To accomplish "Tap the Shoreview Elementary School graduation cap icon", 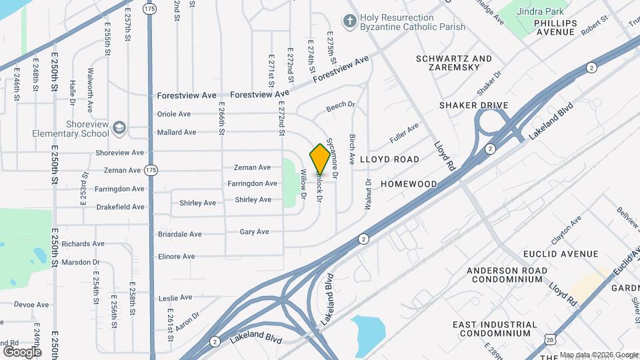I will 119,127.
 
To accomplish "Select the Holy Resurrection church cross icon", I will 349,21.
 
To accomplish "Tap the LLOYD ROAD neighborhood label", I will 389,160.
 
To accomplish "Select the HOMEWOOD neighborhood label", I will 409,183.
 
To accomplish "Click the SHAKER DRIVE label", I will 473,105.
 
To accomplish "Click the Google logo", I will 22,351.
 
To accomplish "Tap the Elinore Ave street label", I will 176,257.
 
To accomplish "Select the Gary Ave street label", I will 254,232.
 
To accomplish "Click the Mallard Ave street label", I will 176,132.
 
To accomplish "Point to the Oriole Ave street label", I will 174,114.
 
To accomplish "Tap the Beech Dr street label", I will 340,107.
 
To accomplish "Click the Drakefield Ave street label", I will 120,207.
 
